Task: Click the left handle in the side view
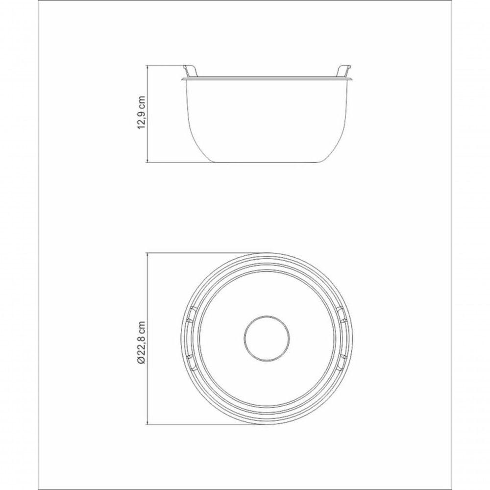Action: click(x=191, y=71)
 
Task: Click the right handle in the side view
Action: click(x=342, y=71)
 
